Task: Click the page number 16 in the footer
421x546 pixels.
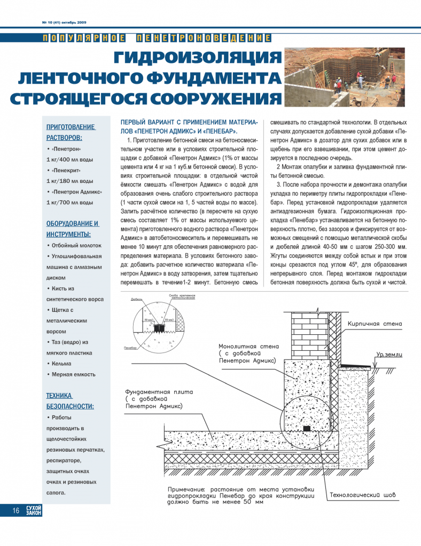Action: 16,511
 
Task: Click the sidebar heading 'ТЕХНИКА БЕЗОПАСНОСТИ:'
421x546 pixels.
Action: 70,400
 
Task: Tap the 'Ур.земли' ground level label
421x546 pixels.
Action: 388,354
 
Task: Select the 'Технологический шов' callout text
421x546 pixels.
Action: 363,495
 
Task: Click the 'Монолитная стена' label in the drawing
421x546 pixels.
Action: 248,346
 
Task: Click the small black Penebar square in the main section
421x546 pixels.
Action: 306,428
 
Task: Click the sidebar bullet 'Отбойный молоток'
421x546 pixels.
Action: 76,245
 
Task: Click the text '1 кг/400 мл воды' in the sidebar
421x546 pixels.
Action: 70,159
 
